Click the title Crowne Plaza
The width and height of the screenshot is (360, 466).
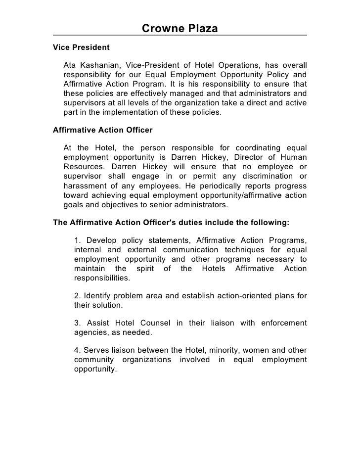tap(180, 29)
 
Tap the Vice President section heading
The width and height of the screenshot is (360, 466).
tap(81, 48)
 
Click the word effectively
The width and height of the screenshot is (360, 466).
tap(183, 93)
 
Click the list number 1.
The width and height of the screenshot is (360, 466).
tap(77, 241)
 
